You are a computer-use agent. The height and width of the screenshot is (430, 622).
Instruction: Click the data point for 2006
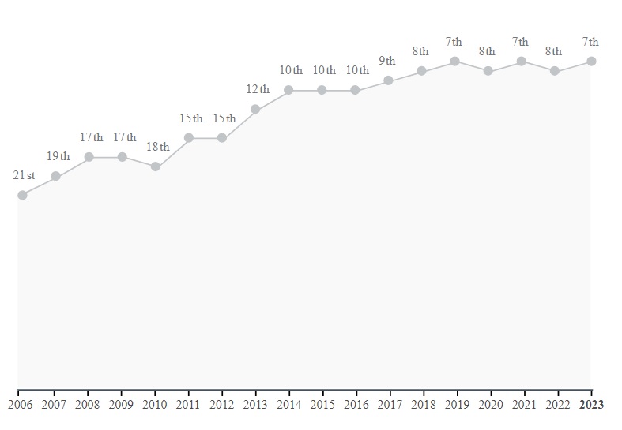click(22, 195)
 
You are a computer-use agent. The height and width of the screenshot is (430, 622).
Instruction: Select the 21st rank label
click(25, 175)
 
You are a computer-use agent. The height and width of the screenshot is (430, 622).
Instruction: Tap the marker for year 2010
click(156, 166)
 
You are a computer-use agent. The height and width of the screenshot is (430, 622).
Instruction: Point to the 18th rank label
click(157, 147)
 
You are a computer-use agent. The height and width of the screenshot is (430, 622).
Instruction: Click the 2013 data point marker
click(255, 109)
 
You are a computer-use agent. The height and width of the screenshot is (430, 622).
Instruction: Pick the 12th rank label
click(258, 89)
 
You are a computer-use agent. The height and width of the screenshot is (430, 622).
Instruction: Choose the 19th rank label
click(58, 156)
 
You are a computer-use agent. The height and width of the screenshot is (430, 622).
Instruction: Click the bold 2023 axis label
click(591, 405)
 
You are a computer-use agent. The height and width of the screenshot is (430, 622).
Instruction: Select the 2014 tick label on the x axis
click(289, 405)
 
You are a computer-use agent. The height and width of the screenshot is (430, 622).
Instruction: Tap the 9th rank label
click(387, 61)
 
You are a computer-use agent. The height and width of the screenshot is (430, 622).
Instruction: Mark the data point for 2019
click(455, 62)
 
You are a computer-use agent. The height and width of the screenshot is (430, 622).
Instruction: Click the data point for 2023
click(591, 62)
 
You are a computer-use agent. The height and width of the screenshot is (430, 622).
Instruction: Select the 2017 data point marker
click(388, 80)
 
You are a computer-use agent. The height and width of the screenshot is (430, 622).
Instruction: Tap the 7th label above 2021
click(520, 42)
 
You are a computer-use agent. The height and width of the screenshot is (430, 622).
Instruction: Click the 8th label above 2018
click(420, 51)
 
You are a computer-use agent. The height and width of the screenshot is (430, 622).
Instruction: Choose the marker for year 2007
click(55, 176)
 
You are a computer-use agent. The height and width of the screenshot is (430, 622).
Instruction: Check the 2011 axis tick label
click(189, 405)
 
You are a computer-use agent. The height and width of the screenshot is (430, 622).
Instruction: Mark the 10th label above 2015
click(324, 70)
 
